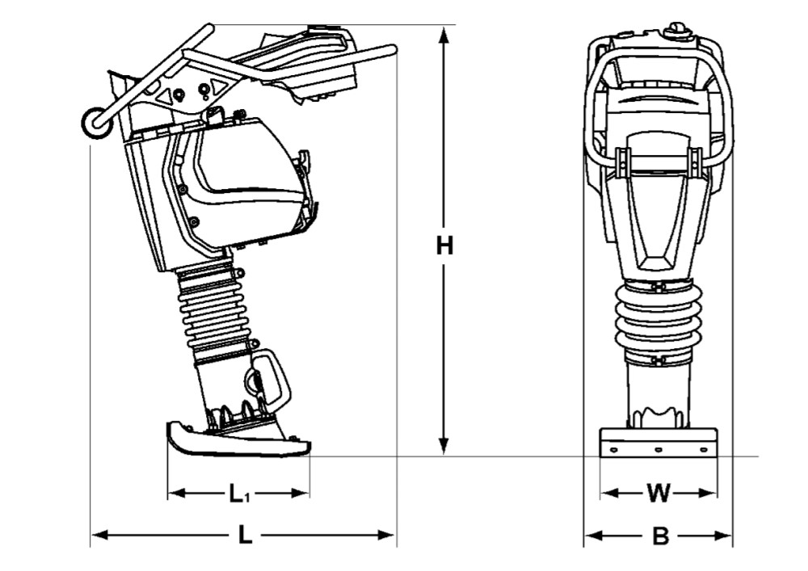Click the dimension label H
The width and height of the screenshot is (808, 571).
coord(444,246)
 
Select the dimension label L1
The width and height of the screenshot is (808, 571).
coord(238,493)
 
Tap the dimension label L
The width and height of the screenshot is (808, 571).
coord(246,535)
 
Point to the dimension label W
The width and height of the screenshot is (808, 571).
coord(658,493)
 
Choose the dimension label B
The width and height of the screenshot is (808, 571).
coord(660,536)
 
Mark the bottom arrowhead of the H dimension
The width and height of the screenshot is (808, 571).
coord(443,447)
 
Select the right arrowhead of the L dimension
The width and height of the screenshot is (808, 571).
coord(386,535)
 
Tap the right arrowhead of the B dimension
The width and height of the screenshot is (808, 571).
coord(723,536)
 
